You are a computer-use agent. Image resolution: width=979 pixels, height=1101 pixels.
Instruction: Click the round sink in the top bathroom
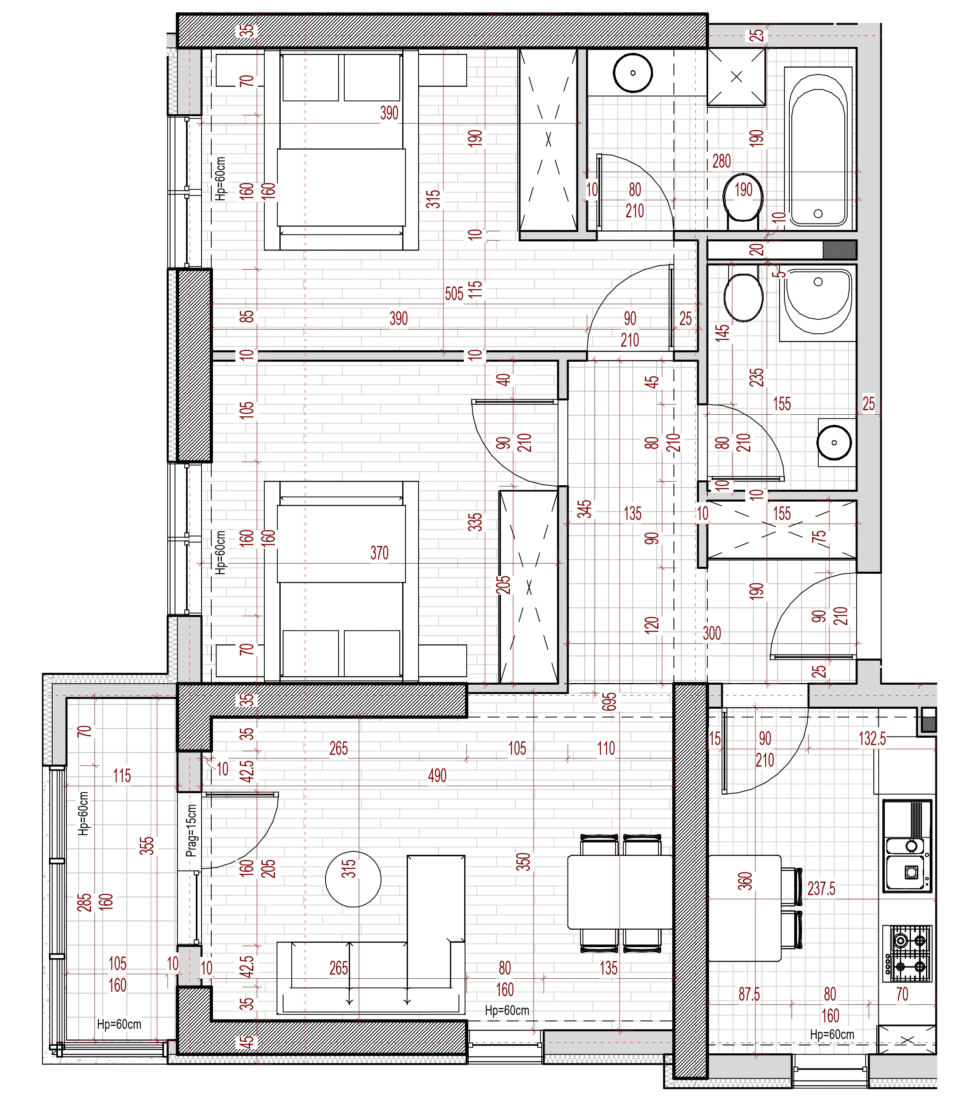(x=633, y=73)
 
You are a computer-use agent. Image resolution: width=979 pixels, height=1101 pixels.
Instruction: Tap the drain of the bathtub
(x=818, y=213)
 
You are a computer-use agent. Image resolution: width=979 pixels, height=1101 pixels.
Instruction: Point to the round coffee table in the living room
(x=353, y=879)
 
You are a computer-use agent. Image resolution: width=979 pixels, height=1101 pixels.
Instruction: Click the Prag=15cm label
(x=191, y=830)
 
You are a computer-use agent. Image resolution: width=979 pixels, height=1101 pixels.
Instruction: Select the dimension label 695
(x=609, y=701)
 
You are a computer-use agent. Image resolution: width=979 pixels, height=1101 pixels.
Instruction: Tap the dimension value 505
(x=454, y=294)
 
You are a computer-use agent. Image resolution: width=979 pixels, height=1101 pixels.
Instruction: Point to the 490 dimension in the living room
(x=437, y=776)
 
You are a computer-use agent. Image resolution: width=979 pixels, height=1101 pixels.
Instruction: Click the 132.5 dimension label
(x=872, y=738)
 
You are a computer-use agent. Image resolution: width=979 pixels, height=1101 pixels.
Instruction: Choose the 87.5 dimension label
(x=749, y=994)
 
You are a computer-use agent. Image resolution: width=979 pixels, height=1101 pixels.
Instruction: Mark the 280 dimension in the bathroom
(x=722, y=161)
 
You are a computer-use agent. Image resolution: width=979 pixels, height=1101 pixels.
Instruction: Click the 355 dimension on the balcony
(x=146, y=846)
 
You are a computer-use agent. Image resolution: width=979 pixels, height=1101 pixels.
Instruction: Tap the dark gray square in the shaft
(x=839, y=250)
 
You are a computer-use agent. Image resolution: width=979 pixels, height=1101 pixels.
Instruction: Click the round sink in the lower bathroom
(x=834, y=442)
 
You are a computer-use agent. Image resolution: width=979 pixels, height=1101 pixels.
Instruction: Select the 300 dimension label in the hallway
(x=712, y=633)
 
